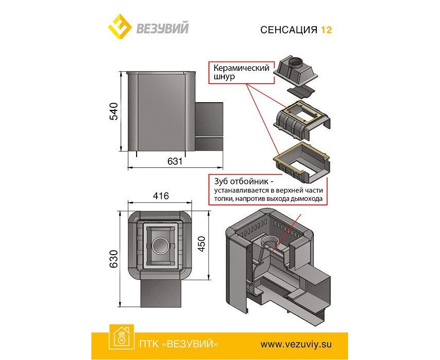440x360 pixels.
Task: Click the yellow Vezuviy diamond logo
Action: [120, 28]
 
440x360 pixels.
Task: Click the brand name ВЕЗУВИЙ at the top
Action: [162, 28]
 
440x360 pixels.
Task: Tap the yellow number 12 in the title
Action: [327, 30]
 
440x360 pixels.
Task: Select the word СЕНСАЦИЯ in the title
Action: [289, 30]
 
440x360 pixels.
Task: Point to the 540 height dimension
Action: [113, 111]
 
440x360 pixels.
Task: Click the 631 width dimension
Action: [175, 161]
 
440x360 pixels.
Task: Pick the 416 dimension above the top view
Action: [161, 196]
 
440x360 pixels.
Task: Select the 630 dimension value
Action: [113, 258]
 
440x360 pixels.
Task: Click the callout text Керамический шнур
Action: [241, 72]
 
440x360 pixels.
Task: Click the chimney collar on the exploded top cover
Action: [294, 62]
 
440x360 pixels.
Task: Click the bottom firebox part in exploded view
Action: [302, 162]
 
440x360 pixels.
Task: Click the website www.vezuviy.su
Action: [296, 344]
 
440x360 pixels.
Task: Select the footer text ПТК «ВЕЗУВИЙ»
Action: [179, 344]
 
